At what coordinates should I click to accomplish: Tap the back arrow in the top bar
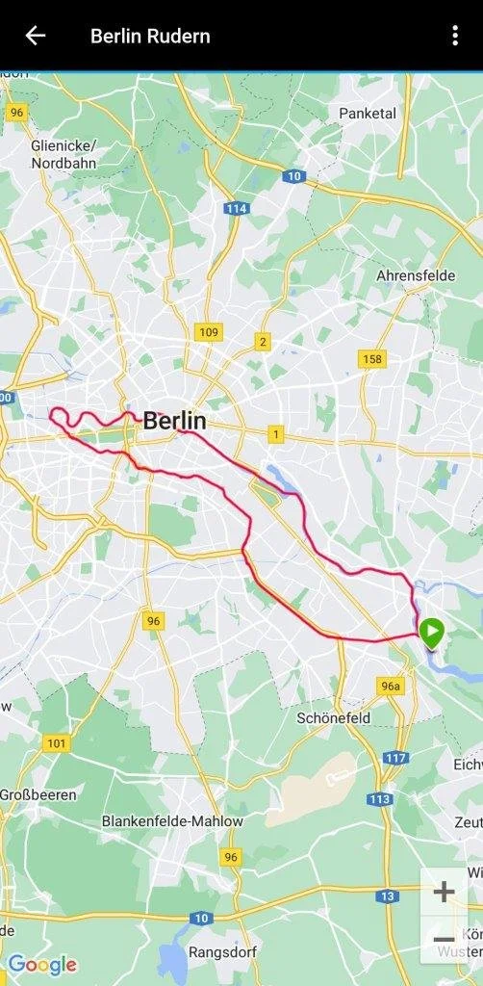pyautogui.click(x=36, y=36)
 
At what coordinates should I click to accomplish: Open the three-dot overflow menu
pyautogui.click(x=455, y=36)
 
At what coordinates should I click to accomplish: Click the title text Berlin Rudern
pyautogui.click(x=150, y=37)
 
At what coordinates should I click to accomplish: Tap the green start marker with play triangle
pyautogui.click(x=432, y=633)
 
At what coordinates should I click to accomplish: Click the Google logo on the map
pyautogui.click(x=41, y=964)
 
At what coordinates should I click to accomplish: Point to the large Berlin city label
pyautogui.click(x=174, y=421)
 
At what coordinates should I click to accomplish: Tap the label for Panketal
pyautogui.click(x=368, y=114)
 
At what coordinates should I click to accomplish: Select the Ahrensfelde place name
pyautogui.click(x=416, y=275)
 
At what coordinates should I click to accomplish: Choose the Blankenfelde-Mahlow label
pyautogui.click(x=172, y=821)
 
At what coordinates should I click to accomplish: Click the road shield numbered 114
pyautogui.click(x=235, y=208)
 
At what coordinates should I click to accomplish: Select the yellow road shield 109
pyautogui.click(x=207, y=332)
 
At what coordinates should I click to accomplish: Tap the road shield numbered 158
pyautogui.click(x=372, y=359)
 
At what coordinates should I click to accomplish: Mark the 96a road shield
pyautogui.click(x=390, y=687)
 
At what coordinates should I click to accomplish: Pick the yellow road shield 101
pyautogui.click(x=57, y=742)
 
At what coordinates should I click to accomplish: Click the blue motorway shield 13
pyautogui.click(x=387, y=896)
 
